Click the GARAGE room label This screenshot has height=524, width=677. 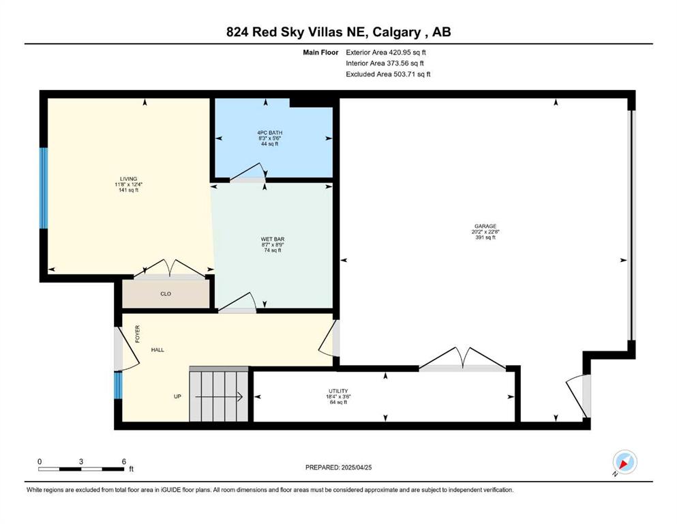[485, 226]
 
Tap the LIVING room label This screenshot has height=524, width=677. [129, 179]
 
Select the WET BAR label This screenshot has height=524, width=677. [273, 239]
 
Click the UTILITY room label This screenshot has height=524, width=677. [338, 391]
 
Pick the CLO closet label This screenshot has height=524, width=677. [166, 294]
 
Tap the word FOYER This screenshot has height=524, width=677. [138, 334]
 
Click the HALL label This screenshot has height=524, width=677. [157, 350]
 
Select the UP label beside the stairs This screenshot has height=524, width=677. [177, 396]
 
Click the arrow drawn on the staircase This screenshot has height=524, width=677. [218, 396]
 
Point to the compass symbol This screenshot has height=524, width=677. [625, 463]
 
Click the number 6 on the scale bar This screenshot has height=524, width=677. [124, 461]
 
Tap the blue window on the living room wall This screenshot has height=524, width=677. [44, 188]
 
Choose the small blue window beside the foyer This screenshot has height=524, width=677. [119, 385]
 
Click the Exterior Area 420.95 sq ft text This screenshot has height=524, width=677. [386, 53]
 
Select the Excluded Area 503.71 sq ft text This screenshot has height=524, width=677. [388, 74]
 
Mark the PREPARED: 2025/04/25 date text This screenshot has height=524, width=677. [338, 467]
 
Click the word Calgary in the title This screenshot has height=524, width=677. [396, 32]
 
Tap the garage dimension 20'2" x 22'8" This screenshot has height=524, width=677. [485, 231]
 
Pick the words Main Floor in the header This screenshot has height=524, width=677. [320, 53]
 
